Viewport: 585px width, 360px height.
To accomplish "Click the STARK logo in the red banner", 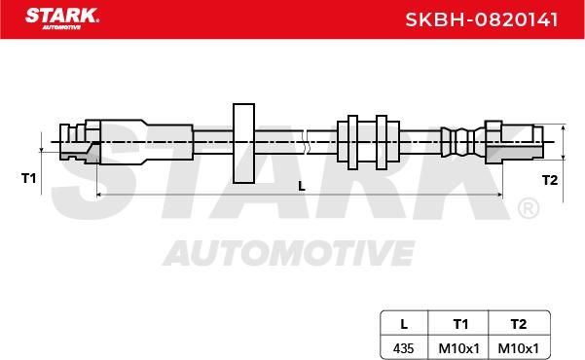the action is click(62, 18).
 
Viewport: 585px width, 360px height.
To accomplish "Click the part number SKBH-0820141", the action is click(482, 19).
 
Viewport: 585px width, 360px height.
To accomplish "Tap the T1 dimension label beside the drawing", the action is click(29, 178).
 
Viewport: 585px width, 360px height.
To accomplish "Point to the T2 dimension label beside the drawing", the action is click(550, 180).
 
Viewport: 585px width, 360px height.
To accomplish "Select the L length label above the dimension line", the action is click(302, 186).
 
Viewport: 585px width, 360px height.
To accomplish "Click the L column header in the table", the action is click(404, 324).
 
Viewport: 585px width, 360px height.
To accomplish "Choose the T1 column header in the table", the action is click(460, 324).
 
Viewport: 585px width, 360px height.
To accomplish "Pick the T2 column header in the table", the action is click(519, 324).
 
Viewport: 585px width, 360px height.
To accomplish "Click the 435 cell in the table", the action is click(403, 348).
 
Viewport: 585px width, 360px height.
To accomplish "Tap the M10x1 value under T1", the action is click(458, 348).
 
